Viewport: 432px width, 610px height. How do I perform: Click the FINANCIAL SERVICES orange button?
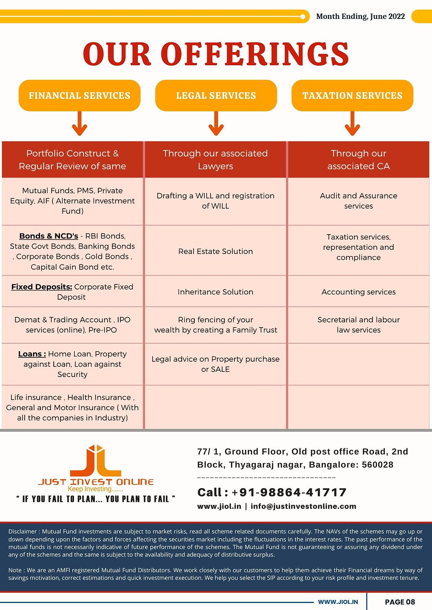pyautogui.click(x=79, y=96)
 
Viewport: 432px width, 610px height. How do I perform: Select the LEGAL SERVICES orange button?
pyautogui.click(x=216, y=96)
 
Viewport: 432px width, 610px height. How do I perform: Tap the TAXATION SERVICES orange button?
pyautogui.click(x=352, y=96)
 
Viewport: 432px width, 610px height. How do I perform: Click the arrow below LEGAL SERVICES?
pyautogui.click(x=216, y=124)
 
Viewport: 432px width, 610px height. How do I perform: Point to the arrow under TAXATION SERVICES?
pyautogui.click(x=352, y=124)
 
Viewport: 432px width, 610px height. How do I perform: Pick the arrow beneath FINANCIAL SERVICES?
pyautogui.click(x=79, y=124)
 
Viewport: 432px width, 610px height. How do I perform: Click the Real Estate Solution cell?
pyautogui.click(x=216, y=251)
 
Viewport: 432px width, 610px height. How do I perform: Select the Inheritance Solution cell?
pyautogui.click(x=216, y=292)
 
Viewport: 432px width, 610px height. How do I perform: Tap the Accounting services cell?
pyautogui.click(x=358, y=292)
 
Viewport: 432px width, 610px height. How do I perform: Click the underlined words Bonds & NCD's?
pyautogui.click(x=48, y=236)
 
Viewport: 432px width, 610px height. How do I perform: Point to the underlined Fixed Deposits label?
pyautogui.click(x=41, y=287)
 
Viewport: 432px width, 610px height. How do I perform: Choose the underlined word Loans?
pyautogui.click(x=32, y=354)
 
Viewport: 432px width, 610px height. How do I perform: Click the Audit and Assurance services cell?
pyautogui.click(x=358, y=201)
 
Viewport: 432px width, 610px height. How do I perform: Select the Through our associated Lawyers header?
pyautogui.click(x=216, y=159)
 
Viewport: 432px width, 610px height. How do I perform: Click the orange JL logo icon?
pyautogui.click(x=96, y=461)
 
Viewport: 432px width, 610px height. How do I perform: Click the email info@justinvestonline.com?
pyautogui.click(x=303, y=506)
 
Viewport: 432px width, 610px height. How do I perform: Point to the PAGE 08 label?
pyautogui.click(x=400, y=602)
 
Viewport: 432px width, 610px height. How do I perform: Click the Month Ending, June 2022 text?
pyautogui.click(x=361, y=16)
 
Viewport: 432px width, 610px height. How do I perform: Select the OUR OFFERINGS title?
pyautogui.click(x=216, y=54)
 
